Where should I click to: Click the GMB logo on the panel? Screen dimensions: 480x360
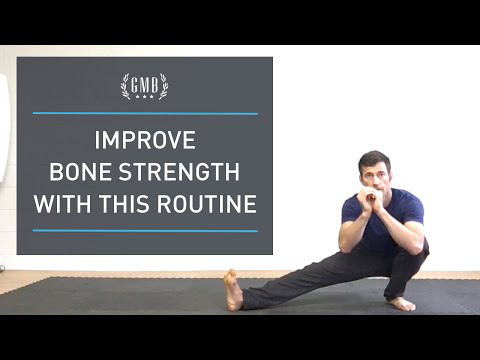point(144,87)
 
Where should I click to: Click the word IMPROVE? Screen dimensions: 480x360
point(145,140)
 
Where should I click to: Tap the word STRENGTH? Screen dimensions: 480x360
point(179,172)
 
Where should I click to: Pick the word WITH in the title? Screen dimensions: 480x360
point(62,204)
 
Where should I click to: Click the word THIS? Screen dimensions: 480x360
point(124,204)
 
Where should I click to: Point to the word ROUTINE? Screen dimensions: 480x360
point(207,204)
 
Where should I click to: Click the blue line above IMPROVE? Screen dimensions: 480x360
point(145,114)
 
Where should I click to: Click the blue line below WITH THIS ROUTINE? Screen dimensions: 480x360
point(145,231)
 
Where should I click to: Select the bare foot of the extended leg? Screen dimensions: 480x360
point(233,290)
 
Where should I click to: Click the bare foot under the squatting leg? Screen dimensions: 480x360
point(402,304)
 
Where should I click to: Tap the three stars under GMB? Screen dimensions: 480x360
point(144,97)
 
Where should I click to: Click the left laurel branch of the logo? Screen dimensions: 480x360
point(126,86)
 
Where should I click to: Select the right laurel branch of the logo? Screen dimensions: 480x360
point(163,86)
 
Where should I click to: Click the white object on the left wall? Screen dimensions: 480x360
point(5,128)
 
